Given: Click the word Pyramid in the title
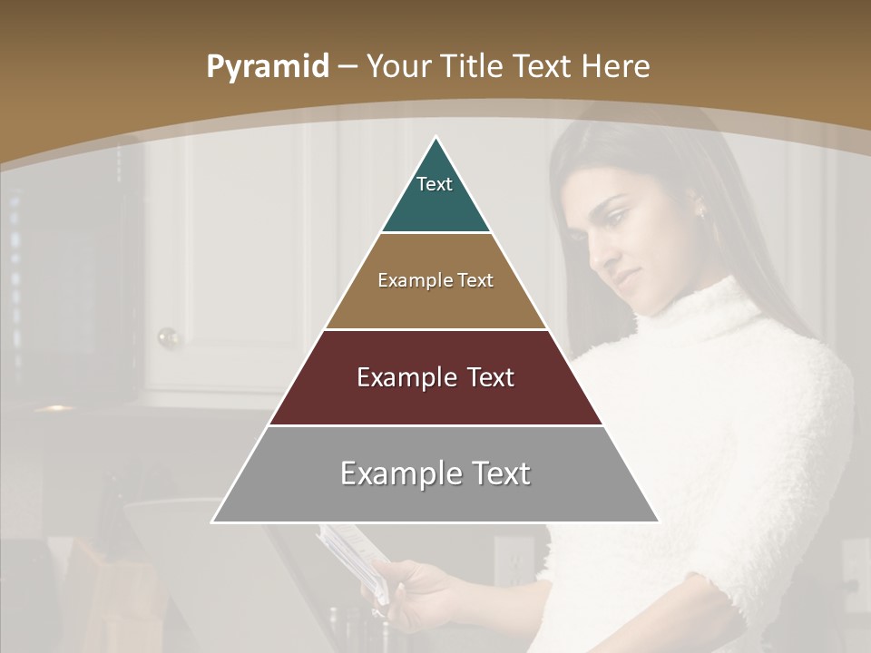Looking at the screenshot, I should (267, 67).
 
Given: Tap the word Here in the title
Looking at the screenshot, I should (616, 67).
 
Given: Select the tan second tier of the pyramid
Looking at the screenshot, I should (435, 304).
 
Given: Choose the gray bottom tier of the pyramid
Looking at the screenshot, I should (435, 499).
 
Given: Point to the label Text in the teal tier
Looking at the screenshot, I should (435, 184).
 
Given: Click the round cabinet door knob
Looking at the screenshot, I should (168, 338).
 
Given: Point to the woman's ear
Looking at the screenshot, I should (699, 211).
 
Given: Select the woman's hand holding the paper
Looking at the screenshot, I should (417, 590).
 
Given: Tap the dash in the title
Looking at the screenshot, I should (347, 67).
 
